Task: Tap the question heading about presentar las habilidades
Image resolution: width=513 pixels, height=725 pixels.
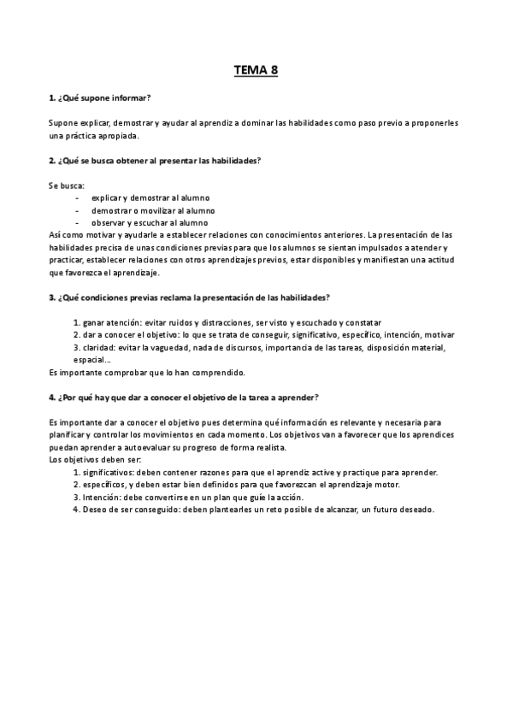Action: [155, 161]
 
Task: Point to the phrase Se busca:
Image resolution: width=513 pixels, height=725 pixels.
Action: [67, 186]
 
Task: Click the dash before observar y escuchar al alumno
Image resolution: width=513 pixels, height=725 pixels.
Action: [77, 222]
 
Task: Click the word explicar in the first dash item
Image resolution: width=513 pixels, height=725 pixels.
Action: [107, 197]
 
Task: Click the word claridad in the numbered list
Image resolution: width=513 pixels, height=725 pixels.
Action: [101, 347]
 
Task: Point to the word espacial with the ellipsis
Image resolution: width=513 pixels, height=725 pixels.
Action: [95, 360]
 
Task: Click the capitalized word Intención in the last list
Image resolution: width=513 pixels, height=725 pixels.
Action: [103, 498]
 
